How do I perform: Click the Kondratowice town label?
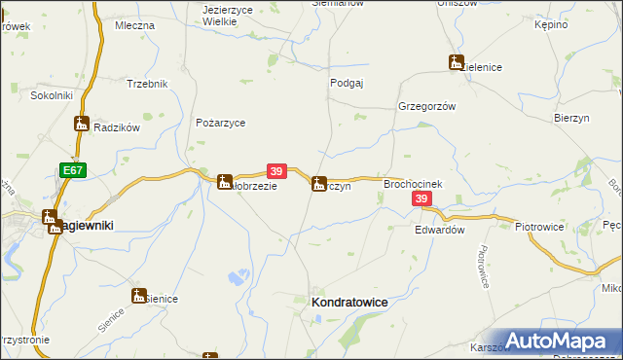point(348,303)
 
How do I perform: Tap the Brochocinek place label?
point(414,183)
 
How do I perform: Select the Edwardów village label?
point(439,231)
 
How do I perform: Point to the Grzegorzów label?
point(426,107)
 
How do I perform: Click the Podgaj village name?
point(347,84)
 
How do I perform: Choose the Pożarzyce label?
point(220,123)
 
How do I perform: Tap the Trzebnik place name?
point(147,84)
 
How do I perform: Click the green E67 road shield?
point(70,169)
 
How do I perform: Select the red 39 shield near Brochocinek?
point(421,198)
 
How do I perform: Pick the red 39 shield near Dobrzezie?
point(275,169)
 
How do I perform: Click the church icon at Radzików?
point(82,124)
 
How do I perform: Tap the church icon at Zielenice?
point(456,62)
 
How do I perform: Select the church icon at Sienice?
point(139,295)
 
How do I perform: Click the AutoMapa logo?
point(562,340)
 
